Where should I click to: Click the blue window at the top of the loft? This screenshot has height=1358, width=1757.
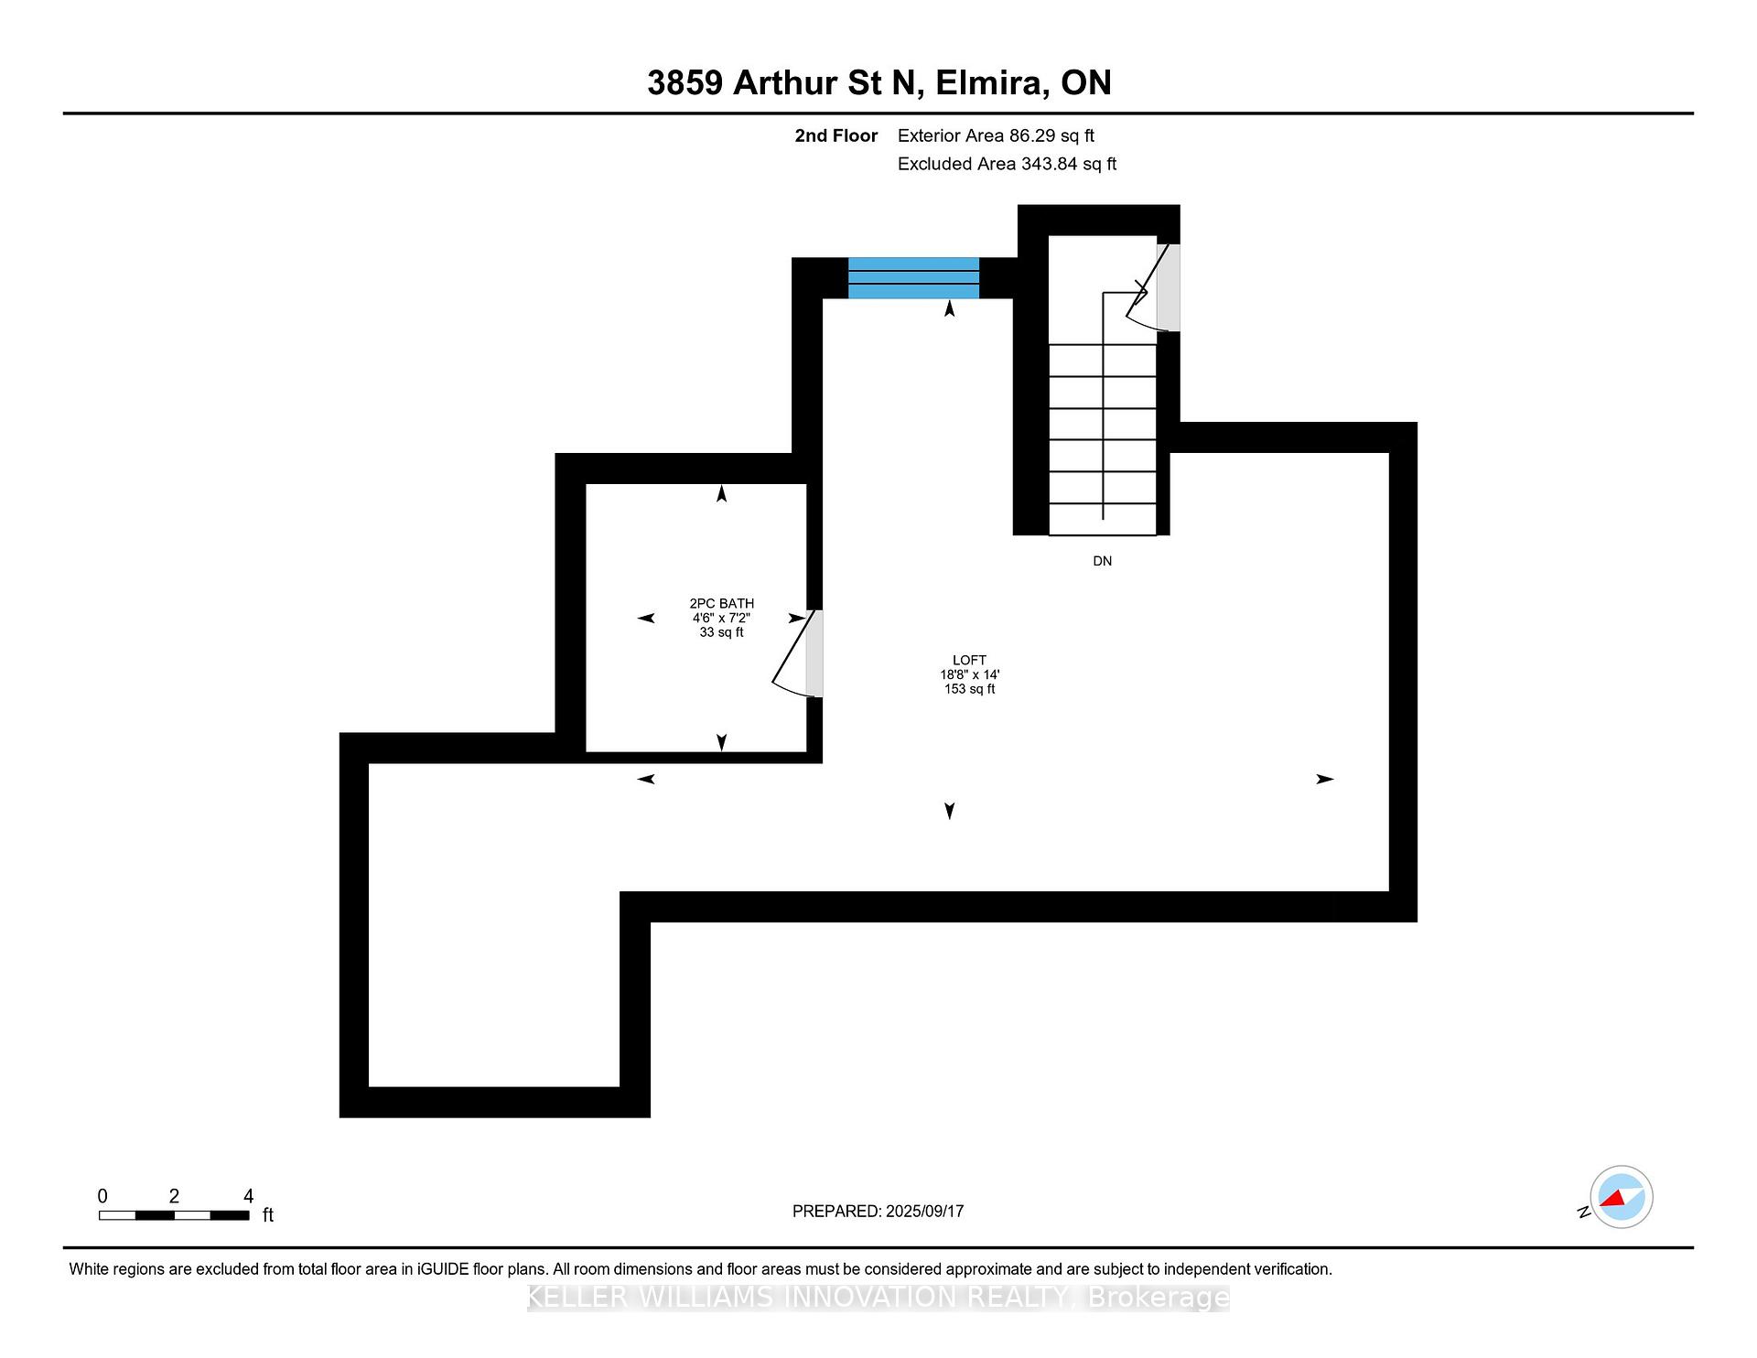click(x=913, y=278)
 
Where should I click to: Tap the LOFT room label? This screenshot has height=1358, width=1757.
click(x=969, y=660)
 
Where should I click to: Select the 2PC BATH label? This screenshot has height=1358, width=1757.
click(x=722, y=603)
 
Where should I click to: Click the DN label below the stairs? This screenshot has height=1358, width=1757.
click(x=1102, y=561)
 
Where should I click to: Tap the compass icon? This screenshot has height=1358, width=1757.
click(x=1621, y=1197)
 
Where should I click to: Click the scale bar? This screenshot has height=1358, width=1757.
click(x=174, y=1215)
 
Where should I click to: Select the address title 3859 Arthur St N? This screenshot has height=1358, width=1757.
click(x=781, y=82)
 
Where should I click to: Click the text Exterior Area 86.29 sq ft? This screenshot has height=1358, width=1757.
click(x=996, y=135)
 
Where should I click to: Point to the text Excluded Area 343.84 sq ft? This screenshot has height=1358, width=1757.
click(x=1007, y=164)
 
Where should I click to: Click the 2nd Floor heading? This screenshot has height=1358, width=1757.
click(x=835, y=135)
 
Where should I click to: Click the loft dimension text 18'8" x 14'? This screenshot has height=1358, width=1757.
click(x=969, y=674)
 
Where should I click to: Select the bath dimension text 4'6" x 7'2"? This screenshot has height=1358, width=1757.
click(x=721, y=618)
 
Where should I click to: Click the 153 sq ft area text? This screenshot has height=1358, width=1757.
click(x=969, y=689)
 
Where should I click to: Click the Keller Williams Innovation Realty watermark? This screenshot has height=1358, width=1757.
click(x=878, y=1298)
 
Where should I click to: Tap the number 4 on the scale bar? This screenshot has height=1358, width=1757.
click(x=248, y=1196)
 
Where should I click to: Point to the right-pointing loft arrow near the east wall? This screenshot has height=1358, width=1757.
click(x=1325, y=779)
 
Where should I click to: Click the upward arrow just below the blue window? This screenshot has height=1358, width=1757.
click(x=950, y=309)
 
